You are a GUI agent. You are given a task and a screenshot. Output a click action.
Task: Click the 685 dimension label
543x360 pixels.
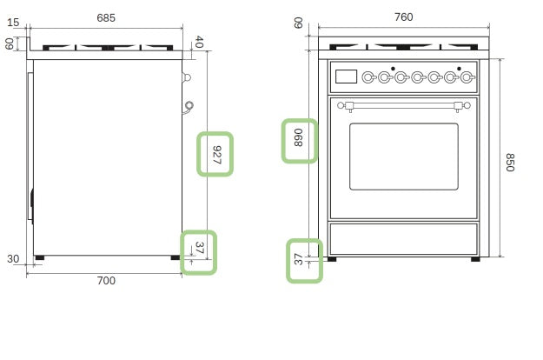(x=106, y=17)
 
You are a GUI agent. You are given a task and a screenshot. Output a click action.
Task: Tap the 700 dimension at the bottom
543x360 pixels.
(x=106, y=280)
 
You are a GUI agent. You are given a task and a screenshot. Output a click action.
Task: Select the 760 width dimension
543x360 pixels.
(x=404, y=17)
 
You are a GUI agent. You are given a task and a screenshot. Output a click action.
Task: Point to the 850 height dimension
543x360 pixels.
(x=510, y=162)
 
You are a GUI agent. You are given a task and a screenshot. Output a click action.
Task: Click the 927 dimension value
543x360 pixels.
(x=216, y=155)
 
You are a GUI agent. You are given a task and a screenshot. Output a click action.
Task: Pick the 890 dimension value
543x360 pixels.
(x=298, y=137)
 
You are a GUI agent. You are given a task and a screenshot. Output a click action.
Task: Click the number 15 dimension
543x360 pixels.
(x=13, y=23)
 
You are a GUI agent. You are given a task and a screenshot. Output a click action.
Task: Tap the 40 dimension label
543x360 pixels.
(x=199, y=42)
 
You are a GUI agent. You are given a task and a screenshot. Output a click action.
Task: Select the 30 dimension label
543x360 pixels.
(x=13, y=259)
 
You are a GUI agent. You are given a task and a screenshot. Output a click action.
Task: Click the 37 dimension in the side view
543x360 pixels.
(x=200, y=248)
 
